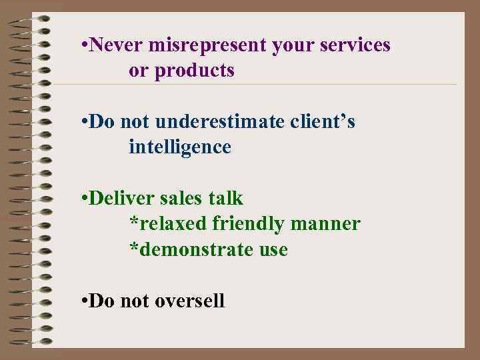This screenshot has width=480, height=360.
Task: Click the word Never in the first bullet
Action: pyautogui.click(x=116, y=45)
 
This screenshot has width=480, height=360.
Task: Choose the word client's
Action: pyautogui.click(x=323, y=122)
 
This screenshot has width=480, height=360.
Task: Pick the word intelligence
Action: pyautogui.click(x=180, y=147)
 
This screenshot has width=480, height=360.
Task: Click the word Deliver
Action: pyautogui.click(x=119, y=199)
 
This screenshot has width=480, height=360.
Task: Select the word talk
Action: pyautogui.click(x=226, y=199)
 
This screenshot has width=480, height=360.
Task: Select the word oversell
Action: pyautogui.click(x=189, y=301)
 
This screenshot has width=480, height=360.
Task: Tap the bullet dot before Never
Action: pyautogui.click(x=82, y=46)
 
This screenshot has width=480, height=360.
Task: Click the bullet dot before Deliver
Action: pyautogui.click(x=82, y=199)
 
